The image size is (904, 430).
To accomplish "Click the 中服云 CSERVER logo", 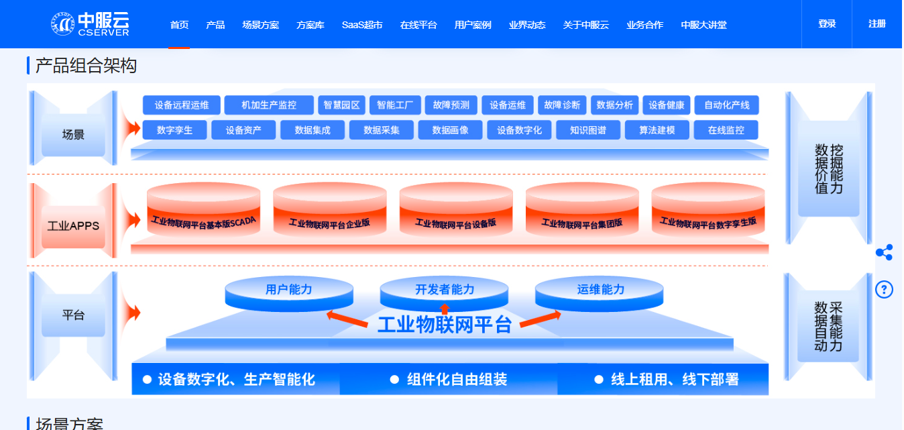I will (x=89, y=24).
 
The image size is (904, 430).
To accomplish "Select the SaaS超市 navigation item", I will (x=361, y=25).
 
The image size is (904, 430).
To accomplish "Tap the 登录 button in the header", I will (x=827, y=24).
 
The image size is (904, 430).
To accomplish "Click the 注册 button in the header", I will (x=877, y=24).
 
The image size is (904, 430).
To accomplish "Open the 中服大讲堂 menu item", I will (x=703, y=25).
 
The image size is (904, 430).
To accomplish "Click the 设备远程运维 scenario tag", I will (x=182, y=105).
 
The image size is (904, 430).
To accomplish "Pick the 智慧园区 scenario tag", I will (x=341, y=105).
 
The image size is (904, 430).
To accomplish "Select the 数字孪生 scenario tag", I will (x=174, y=130).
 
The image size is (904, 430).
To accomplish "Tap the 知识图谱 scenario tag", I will (x=587, y=130).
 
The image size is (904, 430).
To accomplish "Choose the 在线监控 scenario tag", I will (x=726, y=130).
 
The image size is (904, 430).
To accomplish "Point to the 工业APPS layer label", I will (x=73, y=225).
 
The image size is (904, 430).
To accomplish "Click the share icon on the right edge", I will (x=884, y=253).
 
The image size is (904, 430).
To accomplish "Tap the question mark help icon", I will (x=884, y=289).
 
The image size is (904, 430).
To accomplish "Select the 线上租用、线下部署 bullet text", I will (x=674, y=380).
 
